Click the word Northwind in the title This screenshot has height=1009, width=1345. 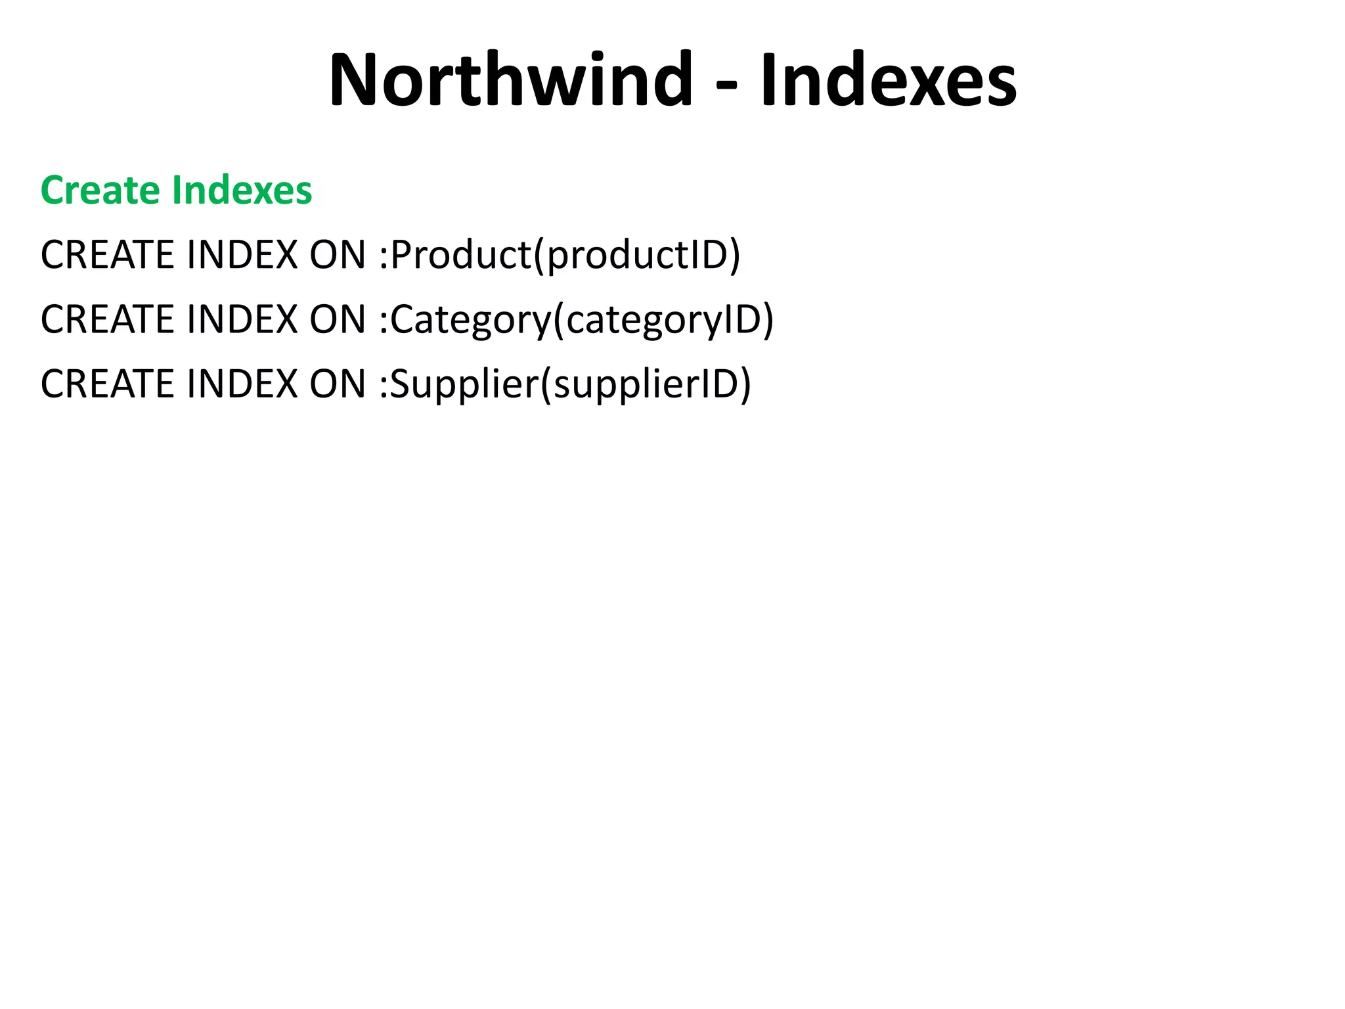point(511,79)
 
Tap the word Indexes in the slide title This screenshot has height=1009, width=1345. point(888,81)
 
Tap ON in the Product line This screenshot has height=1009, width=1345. point(338,255)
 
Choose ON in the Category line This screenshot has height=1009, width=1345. point(338,319)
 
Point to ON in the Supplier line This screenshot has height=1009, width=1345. point(338,384)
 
